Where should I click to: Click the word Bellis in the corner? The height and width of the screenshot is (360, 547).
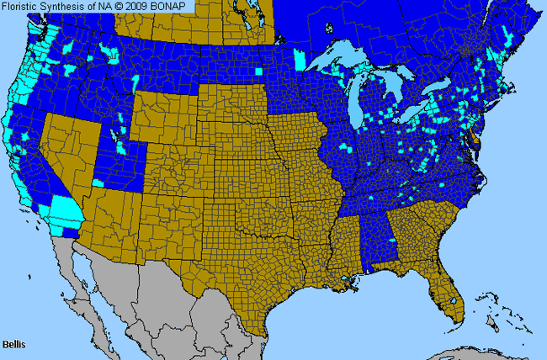click(x=14, y=345)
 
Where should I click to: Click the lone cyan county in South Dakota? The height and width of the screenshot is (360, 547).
click(x=258, y=71)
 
